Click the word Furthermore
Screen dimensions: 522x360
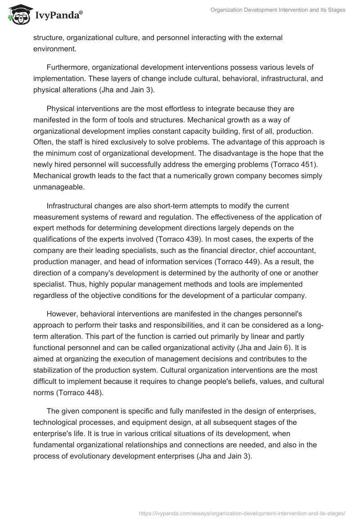[x=68, y=68]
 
